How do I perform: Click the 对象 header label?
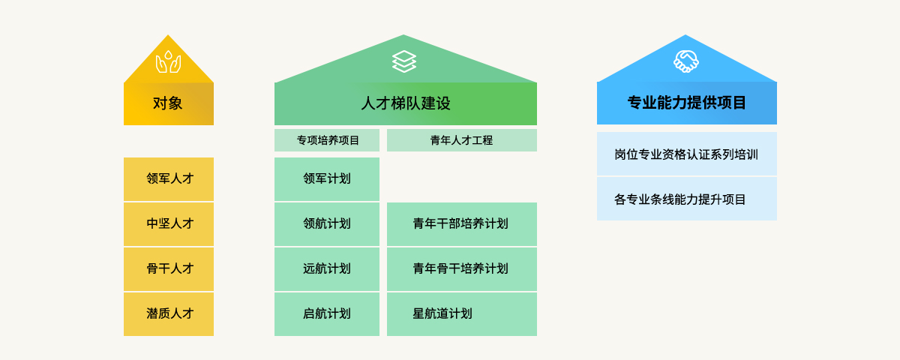pos(168,103)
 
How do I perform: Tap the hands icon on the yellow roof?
pos(168,62)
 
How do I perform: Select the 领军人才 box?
pos(169,178)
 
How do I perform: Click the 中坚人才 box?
pos(169,223)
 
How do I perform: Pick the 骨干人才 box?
pos(169,268)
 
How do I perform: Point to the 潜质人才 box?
pos(169,313)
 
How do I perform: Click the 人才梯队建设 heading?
pos(405,103)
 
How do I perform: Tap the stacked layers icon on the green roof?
pos(404,61)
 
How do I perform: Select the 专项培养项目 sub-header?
pos(327,140)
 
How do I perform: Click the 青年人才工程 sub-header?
pos(461,140)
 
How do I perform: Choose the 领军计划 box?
pos(327,178)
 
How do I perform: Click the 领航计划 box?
pos(327,223)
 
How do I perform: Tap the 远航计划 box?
pos(327,268)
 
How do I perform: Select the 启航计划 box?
pos(327,313)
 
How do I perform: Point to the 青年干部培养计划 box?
pos(461,223)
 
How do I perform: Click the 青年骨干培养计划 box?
pos(461,268)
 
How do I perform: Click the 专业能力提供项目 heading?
pos(686,103)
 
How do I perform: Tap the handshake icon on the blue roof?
pos(686,61)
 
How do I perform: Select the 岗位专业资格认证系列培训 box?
pos(686,154)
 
